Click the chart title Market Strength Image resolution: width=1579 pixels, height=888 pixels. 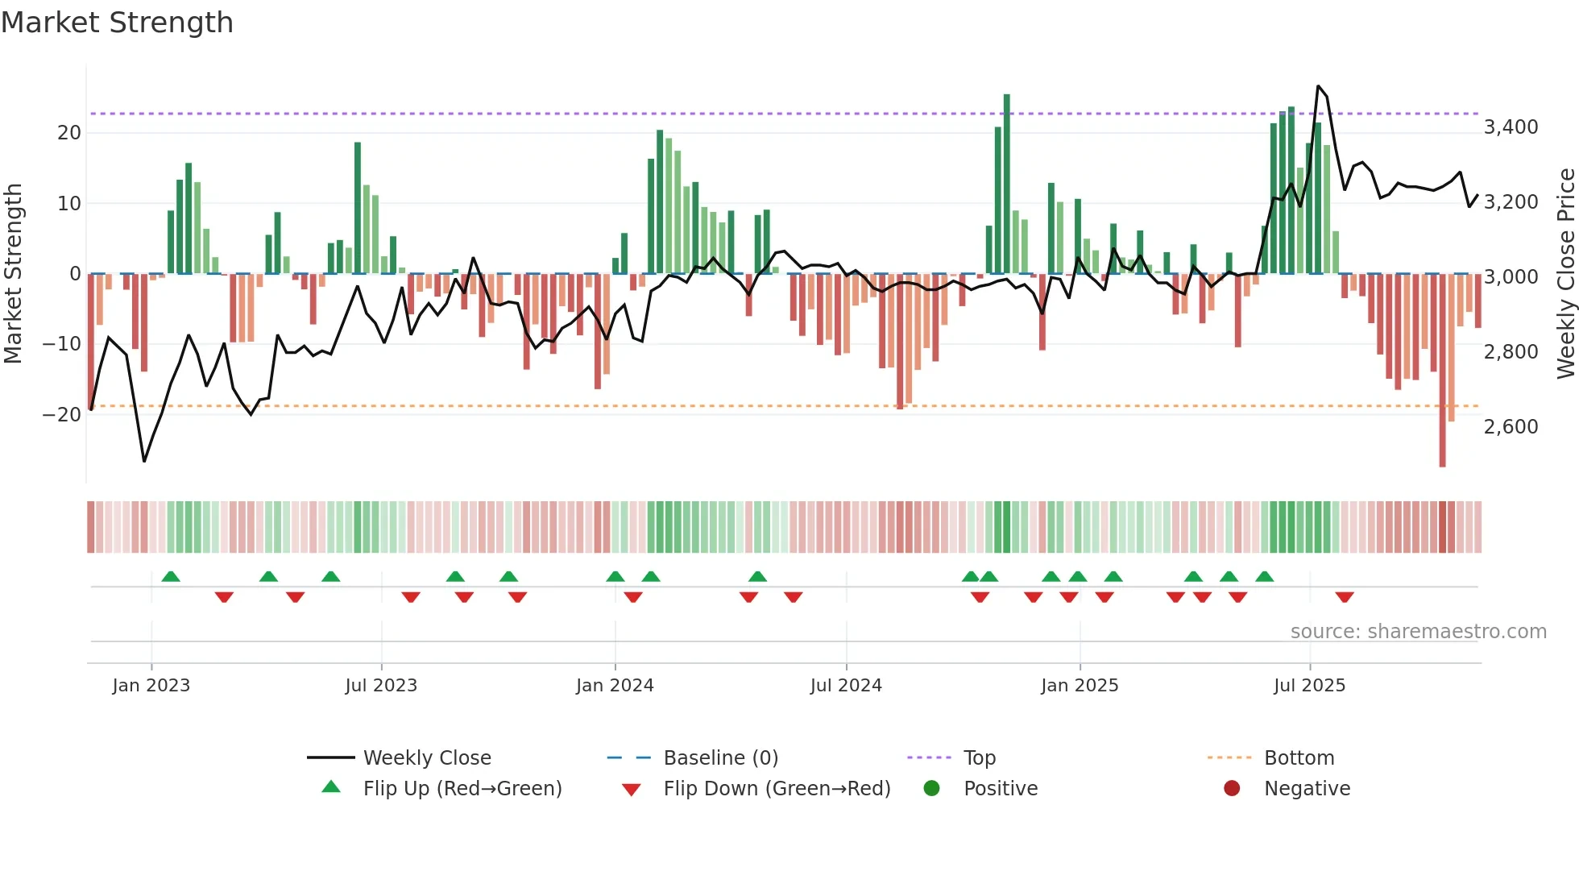tap(118, 23)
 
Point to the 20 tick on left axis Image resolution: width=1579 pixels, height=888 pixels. tap(69, 133)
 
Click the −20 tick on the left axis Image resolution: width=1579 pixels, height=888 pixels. tap(62, 415)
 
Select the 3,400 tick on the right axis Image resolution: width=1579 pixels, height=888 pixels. tap(1511, 127)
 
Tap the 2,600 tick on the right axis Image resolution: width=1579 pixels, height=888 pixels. tap(1511, 427)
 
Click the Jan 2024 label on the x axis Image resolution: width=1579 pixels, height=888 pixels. tap(615, 686)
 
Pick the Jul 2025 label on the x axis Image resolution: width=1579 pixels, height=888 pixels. tap(1309, 686)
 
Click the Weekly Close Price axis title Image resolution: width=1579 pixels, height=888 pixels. tap(1565, 274)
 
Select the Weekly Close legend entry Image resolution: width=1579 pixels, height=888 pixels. tap(426, 758)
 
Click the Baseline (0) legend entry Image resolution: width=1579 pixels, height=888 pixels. tap(720, 758)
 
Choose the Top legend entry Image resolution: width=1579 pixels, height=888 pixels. tap(979, 758)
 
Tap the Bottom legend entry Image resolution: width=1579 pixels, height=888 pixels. tap(1299, 758)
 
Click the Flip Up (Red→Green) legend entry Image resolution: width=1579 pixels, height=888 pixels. tap(462, 789)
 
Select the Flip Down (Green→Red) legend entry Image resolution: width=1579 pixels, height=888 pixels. tap(777, 789)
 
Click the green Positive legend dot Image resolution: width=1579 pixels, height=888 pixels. tap(932, 789)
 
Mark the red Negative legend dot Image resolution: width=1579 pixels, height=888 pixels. tap(1232, 789)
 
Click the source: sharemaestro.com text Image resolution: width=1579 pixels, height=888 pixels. tap(1418, 632)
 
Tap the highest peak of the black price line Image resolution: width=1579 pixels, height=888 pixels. tap(1318, 86)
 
